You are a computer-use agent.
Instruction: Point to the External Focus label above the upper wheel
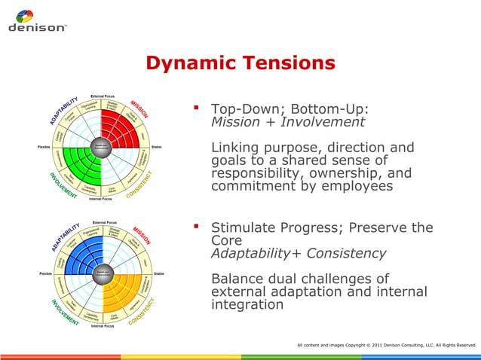point(103,96)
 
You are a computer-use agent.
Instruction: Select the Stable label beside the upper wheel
point(158,146)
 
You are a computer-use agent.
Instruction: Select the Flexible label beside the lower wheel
point(44,273)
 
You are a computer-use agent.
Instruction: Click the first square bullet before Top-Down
point(198,108)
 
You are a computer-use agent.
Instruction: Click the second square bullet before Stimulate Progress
point(198,226)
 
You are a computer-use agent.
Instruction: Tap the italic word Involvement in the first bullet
point(320,122)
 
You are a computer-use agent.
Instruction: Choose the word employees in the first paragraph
point(354,186)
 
